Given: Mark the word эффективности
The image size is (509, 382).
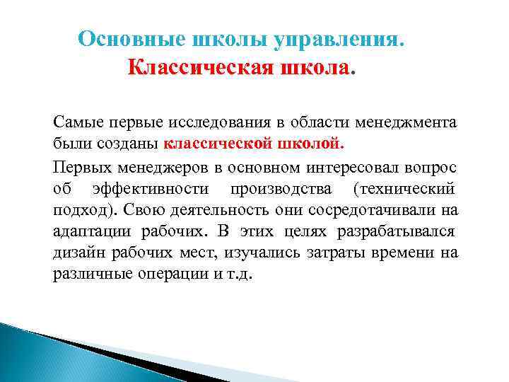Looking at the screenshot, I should point(150,189).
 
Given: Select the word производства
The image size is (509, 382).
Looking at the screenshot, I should point(282,189).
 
